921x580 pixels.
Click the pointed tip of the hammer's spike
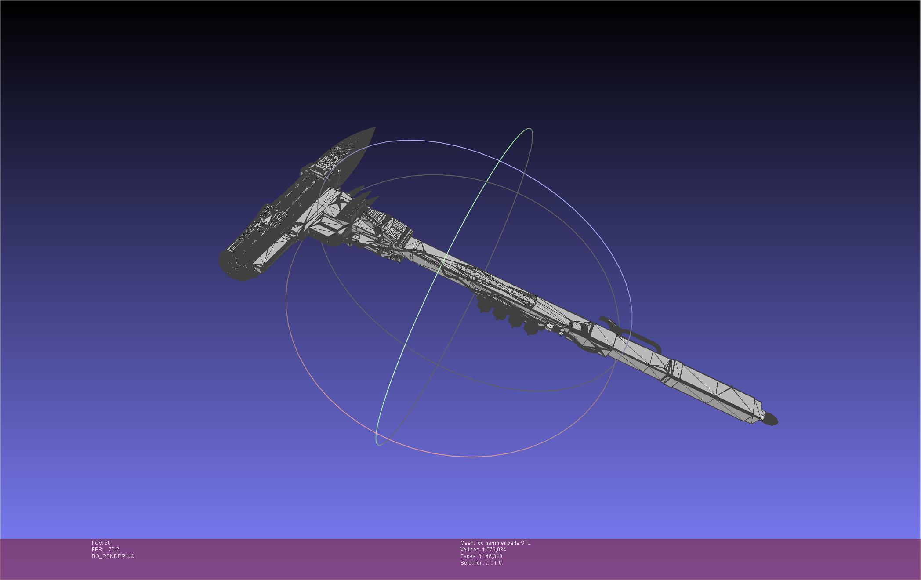pyautogui.click(x=375, y=128)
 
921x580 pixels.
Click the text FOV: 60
pyautogui.click(x=101, y=543)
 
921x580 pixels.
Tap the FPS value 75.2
pyautogui.click(x=114, y=550)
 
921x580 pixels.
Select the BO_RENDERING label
pyautogui.click(x=113, y=556)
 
